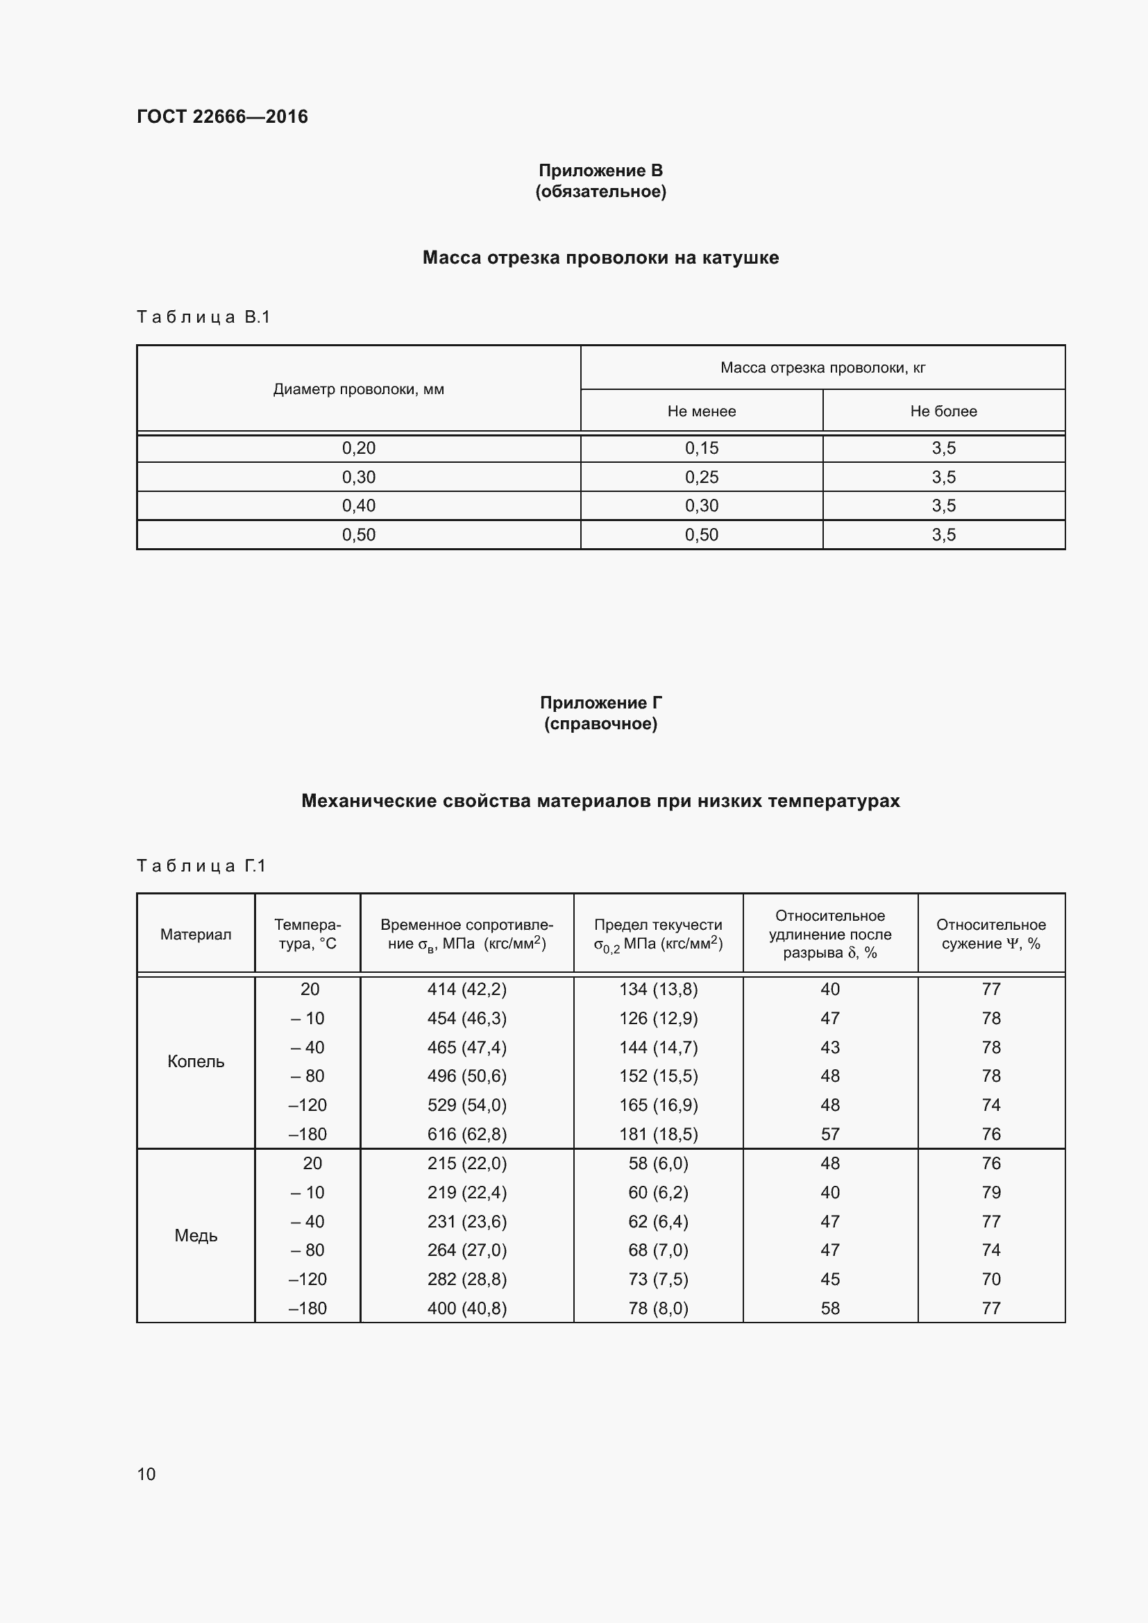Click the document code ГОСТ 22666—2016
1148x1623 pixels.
pos(222,117)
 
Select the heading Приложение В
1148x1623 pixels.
pos(600,171)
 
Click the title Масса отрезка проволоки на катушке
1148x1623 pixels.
pos(600,257)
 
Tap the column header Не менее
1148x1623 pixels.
pos(701,411)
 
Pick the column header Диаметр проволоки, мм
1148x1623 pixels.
pos(358,389)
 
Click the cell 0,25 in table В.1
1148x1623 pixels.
pos(701,477)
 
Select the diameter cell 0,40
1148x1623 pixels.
pos(358,506)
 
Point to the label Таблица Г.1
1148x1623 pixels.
pos(201,866)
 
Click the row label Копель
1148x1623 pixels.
pos(196,1062)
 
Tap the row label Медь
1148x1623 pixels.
pos(196,1236)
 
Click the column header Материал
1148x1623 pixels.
pos(196,935)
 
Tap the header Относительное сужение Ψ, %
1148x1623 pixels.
pos(990,935)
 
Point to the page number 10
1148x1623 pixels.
pos(146,1474)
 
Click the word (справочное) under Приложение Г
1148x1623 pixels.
pos(600,724)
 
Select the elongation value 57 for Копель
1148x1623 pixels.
pos(830,1135)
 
